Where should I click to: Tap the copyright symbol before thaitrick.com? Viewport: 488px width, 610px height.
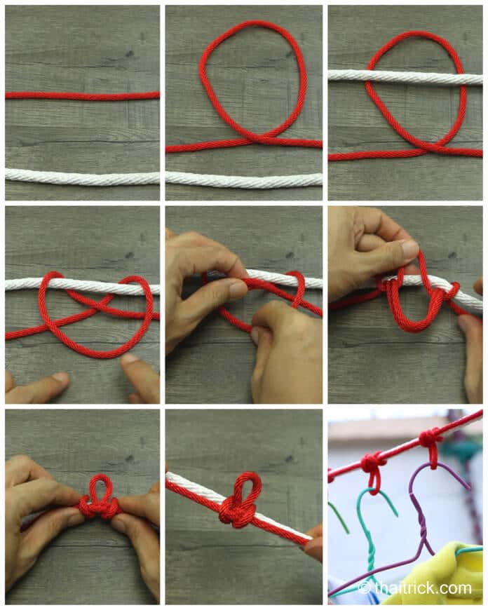(364, 588)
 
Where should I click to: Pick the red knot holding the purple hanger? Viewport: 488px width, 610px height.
(430, 439)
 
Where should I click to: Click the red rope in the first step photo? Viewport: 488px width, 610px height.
(82, 95)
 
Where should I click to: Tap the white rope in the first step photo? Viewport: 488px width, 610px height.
(82, 177)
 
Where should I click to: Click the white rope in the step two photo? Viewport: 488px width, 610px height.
(244, 179)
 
